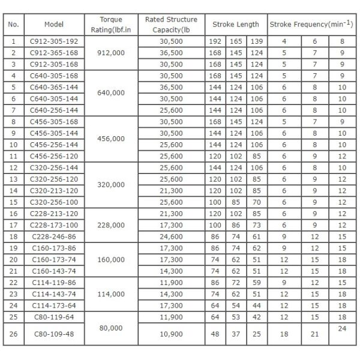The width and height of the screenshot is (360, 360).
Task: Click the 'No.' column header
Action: click(x=14, y=25)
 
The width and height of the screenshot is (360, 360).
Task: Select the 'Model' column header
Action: click(x=54, y=25)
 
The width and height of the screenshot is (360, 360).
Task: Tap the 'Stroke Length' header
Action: click(x=236, y=25)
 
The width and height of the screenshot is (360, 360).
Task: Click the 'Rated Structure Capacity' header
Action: click(x=171, y=25)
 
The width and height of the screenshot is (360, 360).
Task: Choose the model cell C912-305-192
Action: click(x=54, y=41)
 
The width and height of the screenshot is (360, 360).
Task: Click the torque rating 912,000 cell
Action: click(x=111, y=52)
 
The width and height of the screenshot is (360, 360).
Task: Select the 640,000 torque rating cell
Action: click(x=111, y=93)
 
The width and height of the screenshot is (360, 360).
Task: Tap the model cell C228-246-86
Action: click(x=54, y=237)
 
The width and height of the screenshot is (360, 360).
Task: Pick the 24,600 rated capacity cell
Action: click(x=171, y=237)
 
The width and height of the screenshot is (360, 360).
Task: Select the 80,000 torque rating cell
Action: click(x=111, y=328)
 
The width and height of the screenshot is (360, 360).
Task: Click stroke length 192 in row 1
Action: click(x=215, y=41)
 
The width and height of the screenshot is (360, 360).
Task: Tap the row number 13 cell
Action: click(x=14, y=190)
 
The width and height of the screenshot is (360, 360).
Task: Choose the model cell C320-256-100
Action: click(x=54, y=202)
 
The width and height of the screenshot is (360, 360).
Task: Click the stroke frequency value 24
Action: click(x=342, y=328)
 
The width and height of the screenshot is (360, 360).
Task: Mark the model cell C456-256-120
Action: click(x=54, y=155)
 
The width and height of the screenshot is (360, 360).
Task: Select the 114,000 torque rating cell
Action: click(x=111, y=295)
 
